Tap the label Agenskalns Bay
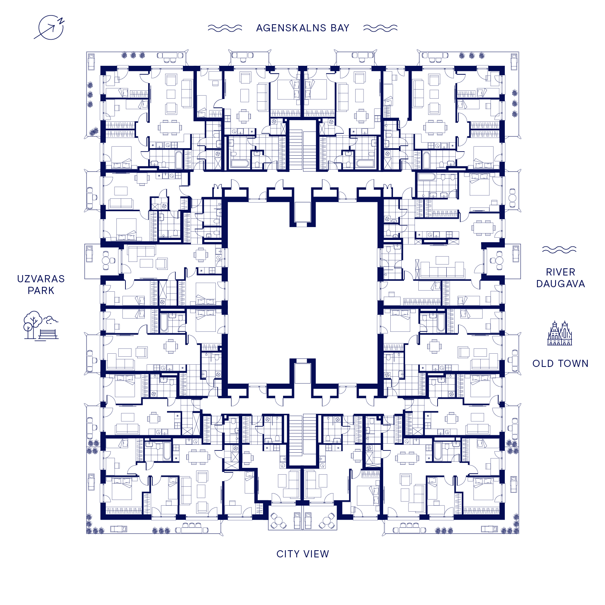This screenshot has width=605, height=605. [x=303, y=28]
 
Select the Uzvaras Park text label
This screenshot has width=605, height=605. [x=41, y=285]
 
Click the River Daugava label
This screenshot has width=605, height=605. [x=560, y=278]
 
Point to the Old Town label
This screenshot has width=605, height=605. [x=560, y=364]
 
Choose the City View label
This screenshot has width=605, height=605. [x=303, y=554]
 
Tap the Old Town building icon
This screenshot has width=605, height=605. [x=560, y=333]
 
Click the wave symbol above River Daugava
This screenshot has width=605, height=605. [x=559, y=250]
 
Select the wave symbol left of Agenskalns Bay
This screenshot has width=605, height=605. [x=225, y=28]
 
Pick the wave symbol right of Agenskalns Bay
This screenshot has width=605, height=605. [x=380, y=28]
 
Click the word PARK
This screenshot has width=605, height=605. [x=41, y=291]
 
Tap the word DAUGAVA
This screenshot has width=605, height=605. [x=560, y=284]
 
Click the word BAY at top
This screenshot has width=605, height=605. [x=340, y=28]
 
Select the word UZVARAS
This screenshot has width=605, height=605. [x=41, y=279]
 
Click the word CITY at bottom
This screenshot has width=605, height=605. [x=288, y=554]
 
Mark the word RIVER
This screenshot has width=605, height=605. [x=560, y=272]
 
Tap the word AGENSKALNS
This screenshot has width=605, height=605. [x=291, y=28]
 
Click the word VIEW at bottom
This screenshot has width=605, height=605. [x=317, y=554]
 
